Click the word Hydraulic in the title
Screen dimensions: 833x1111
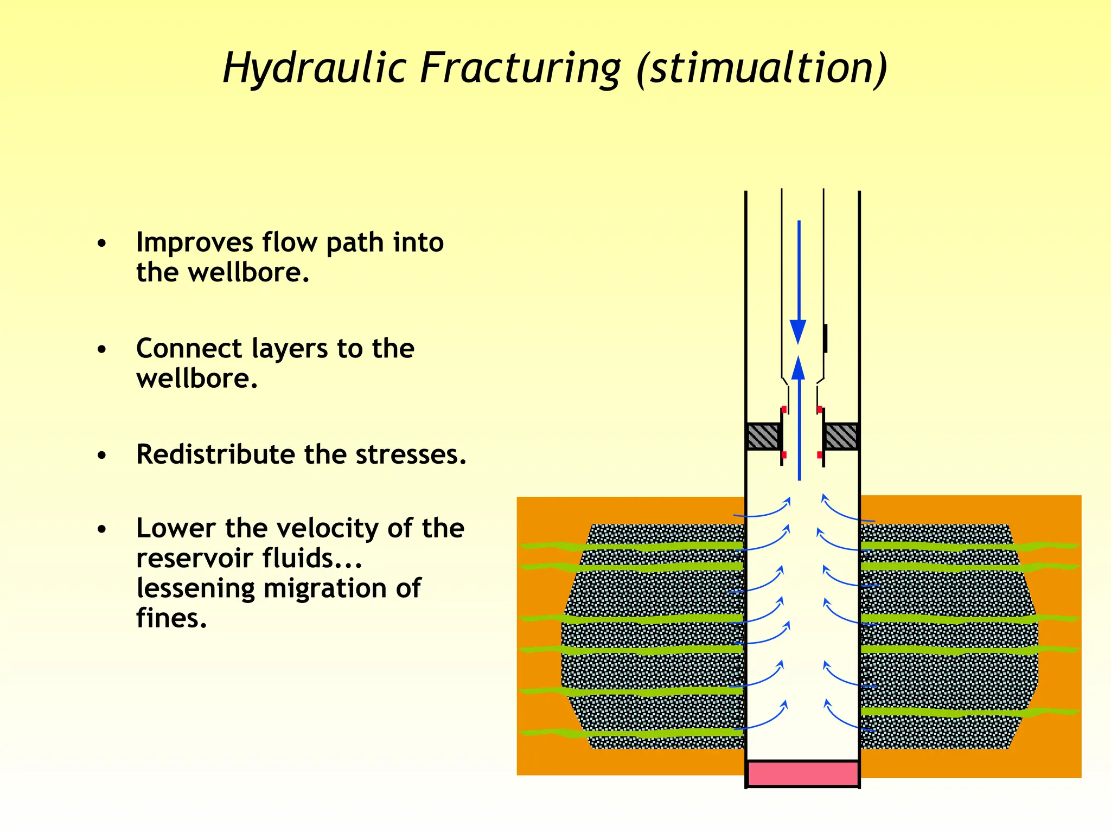(315, 68)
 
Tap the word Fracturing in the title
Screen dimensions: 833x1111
(520, 69)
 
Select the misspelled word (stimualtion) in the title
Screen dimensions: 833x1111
(762, 68)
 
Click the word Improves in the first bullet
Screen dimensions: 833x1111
(194, 242)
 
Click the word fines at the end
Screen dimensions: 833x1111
(171, 618)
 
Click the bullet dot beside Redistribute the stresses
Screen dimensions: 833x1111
(102, 456)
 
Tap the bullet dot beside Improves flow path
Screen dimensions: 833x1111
(102, 244)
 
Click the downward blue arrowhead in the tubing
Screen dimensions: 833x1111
(798, 330)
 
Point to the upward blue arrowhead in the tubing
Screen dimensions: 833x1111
(799, 368)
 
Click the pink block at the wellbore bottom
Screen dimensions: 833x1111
(803, 774)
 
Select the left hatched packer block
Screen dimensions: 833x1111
(763, 436)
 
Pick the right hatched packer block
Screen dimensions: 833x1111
(841, 436)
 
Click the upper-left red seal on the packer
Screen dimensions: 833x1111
(784, 409)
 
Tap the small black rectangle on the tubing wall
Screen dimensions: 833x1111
(825, 338)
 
